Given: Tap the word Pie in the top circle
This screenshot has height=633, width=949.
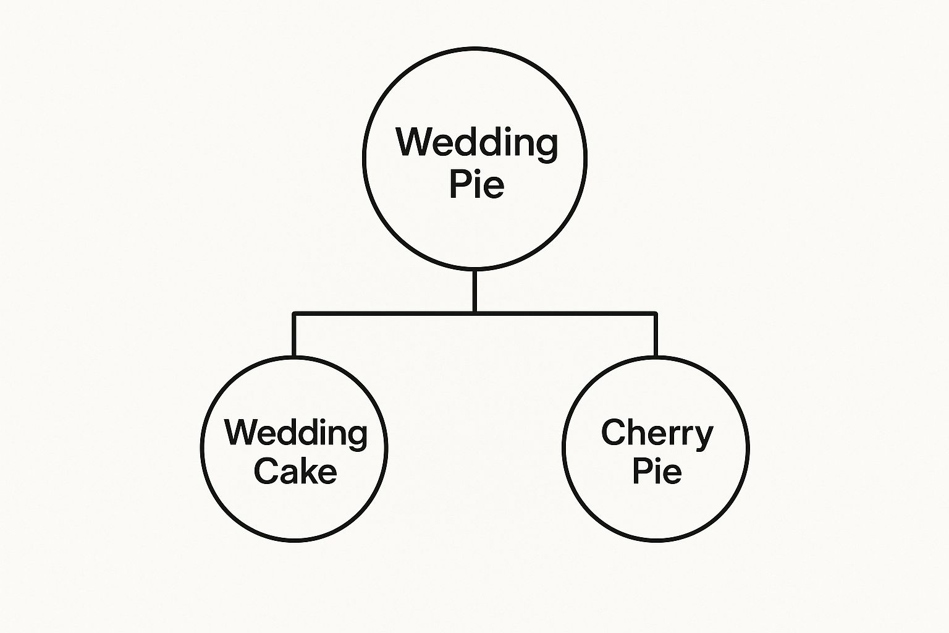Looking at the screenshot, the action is [476, 185].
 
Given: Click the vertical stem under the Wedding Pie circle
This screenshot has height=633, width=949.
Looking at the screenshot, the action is [474, 291].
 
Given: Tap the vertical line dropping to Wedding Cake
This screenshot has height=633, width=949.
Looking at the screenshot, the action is [294, 335].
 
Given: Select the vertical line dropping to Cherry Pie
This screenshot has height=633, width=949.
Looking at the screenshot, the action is [656, 335].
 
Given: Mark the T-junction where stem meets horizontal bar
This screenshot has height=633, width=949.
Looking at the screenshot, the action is [474, 314].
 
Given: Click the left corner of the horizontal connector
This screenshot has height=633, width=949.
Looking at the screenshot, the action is [294, 314].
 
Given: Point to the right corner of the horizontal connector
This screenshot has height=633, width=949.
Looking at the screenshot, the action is [656, 314].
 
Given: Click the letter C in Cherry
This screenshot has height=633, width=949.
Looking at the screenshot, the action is [613, 432].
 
